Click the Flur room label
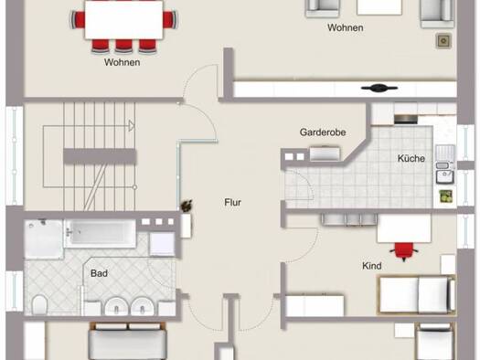coord(232,203)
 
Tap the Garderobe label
coord(323,132)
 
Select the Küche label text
coord(411,158)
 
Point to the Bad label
coord(99,273)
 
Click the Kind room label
coord(371,266)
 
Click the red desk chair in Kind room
coord(404,251)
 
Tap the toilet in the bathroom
coord(39,304)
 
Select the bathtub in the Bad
coord(101,233)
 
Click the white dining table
coord(123,20)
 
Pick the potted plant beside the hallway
coord(187,206)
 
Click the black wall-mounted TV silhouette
coord(379,88)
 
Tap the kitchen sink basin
coord(444,176)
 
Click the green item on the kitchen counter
coord(446,196)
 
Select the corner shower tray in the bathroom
coord(44,238)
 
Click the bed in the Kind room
coord(417,295)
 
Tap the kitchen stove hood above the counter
coord(406,119)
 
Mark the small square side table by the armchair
coord(443,41)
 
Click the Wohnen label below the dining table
coord(123,62)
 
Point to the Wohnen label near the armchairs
coord(346,27)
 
